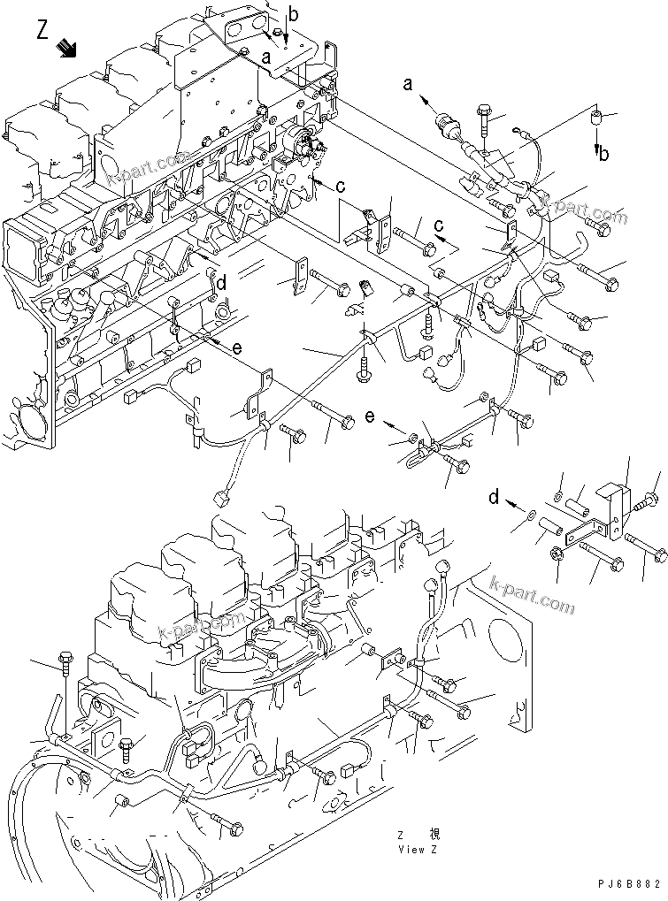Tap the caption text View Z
417,850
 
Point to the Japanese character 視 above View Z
434,835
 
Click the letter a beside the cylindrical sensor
408,85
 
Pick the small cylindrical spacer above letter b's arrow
597,116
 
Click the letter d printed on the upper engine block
222,284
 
